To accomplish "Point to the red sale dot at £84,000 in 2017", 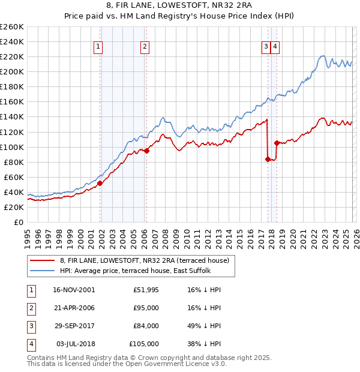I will point(268,159).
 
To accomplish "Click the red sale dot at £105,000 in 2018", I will point(276,143).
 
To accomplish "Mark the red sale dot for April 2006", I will point(147,151).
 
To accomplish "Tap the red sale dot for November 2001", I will point(100,183).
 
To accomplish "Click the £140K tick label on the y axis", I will point(12,117).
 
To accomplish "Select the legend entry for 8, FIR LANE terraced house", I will point(144,260).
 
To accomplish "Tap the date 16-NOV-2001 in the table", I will point(74,290).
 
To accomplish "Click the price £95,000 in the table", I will point(146,308).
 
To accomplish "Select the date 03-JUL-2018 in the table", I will point(76,344).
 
